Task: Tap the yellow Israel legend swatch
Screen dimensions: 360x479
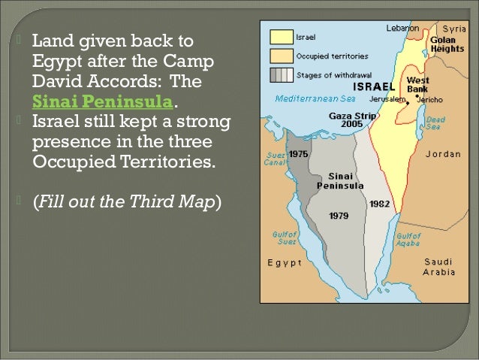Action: click(281, 36)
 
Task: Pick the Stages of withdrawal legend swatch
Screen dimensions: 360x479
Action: click(281, 74)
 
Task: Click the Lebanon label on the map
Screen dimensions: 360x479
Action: click(402, 28)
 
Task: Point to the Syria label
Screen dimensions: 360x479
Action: click(454, 28)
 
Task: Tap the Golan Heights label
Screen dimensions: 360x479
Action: click(447, 44)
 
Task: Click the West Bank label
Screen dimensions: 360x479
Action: click(417, 83)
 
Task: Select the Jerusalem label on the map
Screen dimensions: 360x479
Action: click(387, 99)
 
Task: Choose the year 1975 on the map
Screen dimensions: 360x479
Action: click(299, 153)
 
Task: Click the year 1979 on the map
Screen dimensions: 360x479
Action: click(339, 216)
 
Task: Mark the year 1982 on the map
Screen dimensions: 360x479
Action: click(378, 204)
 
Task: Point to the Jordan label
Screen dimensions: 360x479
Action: click(443, 153)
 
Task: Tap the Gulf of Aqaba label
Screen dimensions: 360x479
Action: click(408, 238)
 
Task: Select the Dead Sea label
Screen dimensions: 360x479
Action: click(435, 123)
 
